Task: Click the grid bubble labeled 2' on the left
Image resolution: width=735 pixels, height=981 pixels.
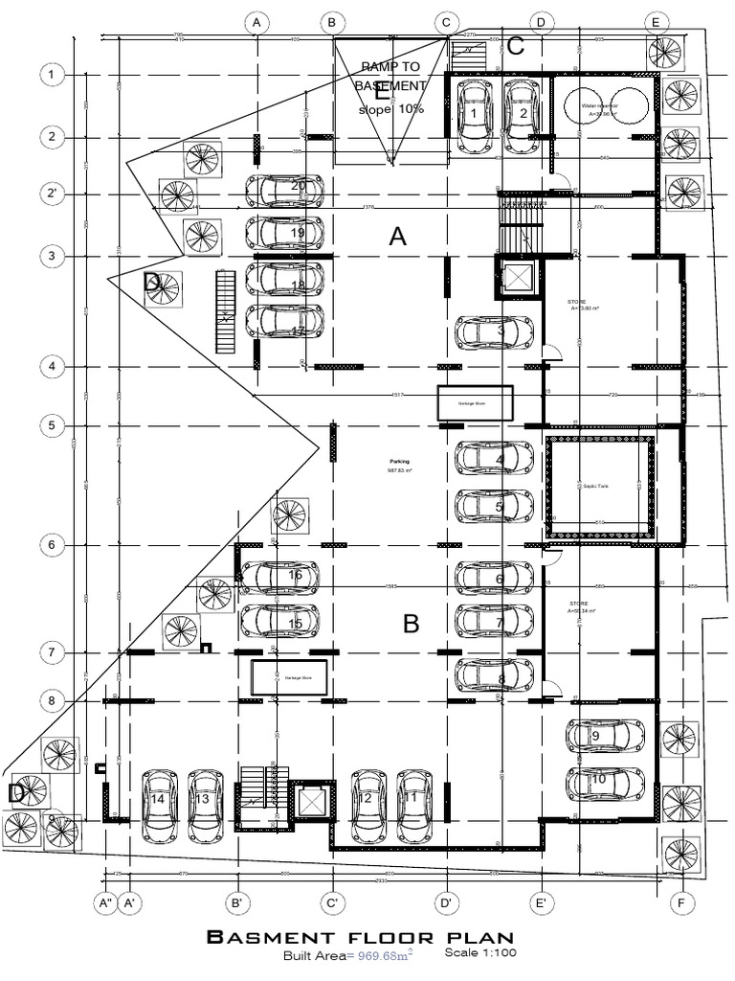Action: pos(52,195)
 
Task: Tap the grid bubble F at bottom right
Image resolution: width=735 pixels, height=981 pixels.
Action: pos(681,901)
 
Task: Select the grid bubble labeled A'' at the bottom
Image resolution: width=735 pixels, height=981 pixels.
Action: pos(104,901)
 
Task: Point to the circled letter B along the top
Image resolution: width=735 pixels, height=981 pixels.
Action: pos(331,22)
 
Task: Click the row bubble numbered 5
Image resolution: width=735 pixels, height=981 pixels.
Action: pos(52,424)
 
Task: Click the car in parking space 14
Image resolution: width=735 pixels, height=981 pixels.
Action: pos(159,800)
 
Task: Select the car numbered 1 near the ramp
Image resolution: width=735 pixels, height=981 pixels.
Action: pos(474,115)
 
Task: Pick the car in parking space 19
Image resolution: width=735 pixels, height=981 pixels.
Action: pos(284,232)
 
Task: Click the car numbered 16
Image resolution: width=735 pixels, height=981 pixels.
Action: pos(279,577)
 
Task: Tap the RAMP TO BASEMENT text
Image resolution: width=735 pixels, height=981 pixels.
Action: pos(390,76)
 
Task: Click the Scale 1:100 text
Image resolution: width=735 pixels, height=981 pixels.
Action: pos(480,953)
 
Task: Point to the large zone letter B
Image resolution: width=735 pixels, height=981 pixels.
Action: pos(411,625)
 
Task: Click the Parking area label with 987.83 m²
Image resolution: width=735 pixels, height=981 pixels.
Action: pos(398,466)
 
